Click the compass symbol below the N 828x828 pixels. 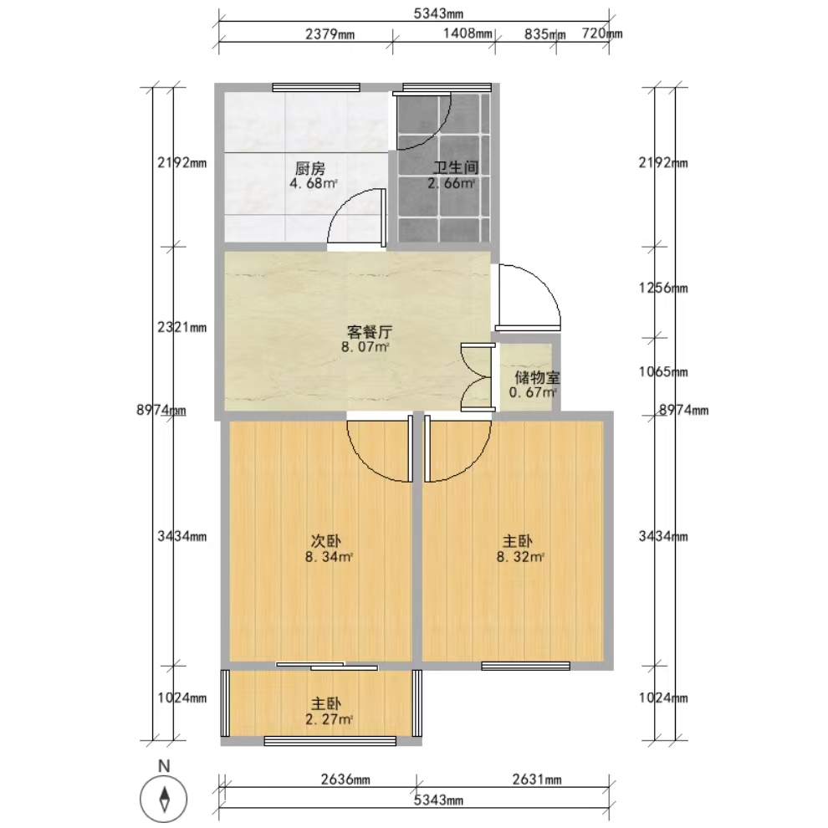164,799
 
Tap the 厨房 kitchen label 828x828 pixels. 310,169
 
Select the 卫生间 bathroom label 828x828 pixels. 456,168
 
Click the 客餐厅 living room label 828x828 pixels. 370,332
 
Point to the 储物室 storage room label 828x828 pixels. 538,377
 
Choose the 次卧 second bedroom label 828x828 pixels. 325,541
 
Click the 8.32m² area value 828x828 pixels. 520,556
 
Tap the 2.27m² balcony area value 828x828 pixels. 329,718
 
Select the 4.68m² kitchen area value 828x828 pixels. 313,184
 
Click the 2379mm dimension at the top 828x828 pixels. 330,34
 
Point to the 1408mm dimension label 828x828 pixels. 468,33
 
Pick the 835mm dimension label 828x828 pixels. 545,34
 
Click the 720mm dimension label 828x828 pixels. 602,33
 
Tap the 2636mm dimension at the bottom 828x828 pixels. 345,779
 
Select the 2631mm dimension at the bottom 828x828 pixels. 537,779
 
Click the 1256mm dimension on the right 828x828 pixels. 663,288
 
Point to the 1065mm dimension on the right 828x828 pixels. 663,371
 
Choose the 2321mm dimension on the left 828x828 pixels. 182,327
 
